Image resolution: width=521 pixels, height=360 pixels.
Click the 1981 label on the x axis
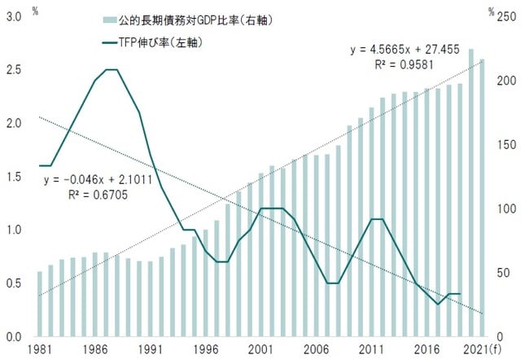point(39,349)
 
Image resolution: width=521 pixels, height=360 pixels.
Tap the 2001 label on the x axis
point(260,349)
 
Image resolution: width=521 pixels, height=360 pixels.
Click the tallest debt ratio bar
point(471,192)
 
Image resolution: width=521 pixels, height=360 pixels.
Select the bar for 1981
point(40,303)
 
